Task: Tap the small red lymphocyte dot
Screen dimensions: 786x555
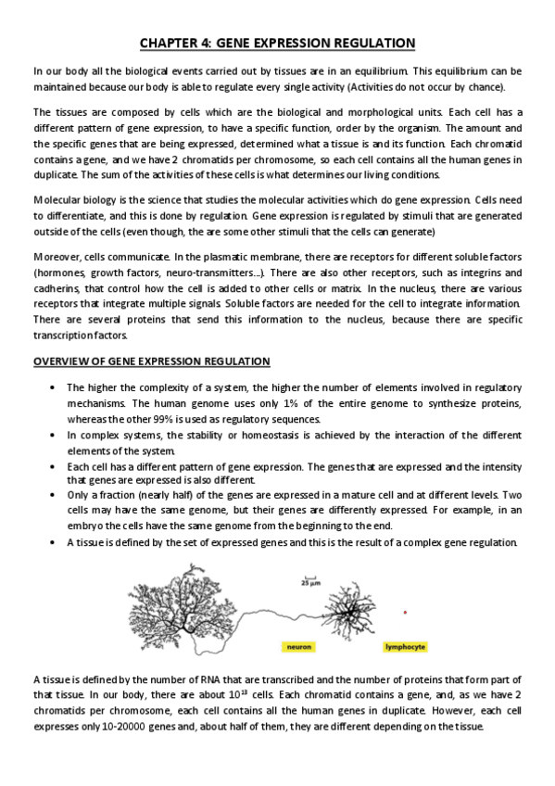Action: click(406, 610)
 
